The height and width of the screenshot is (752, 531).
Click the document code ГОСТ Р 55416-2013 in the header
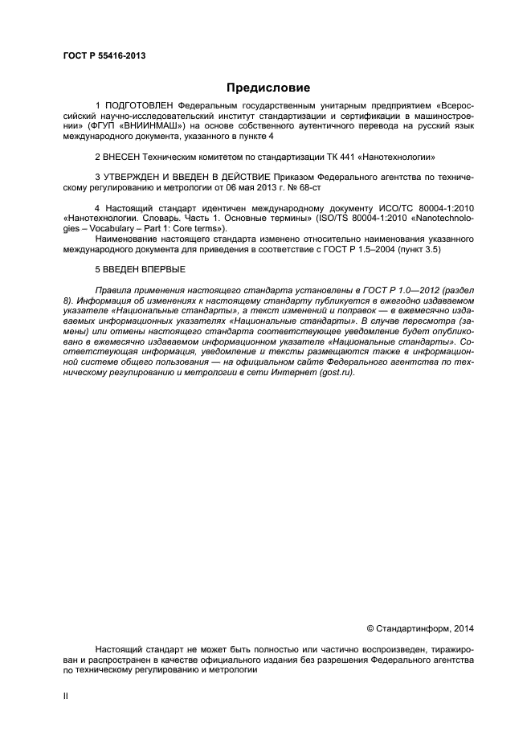(x=104, y=56)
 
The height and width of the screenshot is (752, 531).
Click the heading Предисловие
(x=268, y=88)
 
